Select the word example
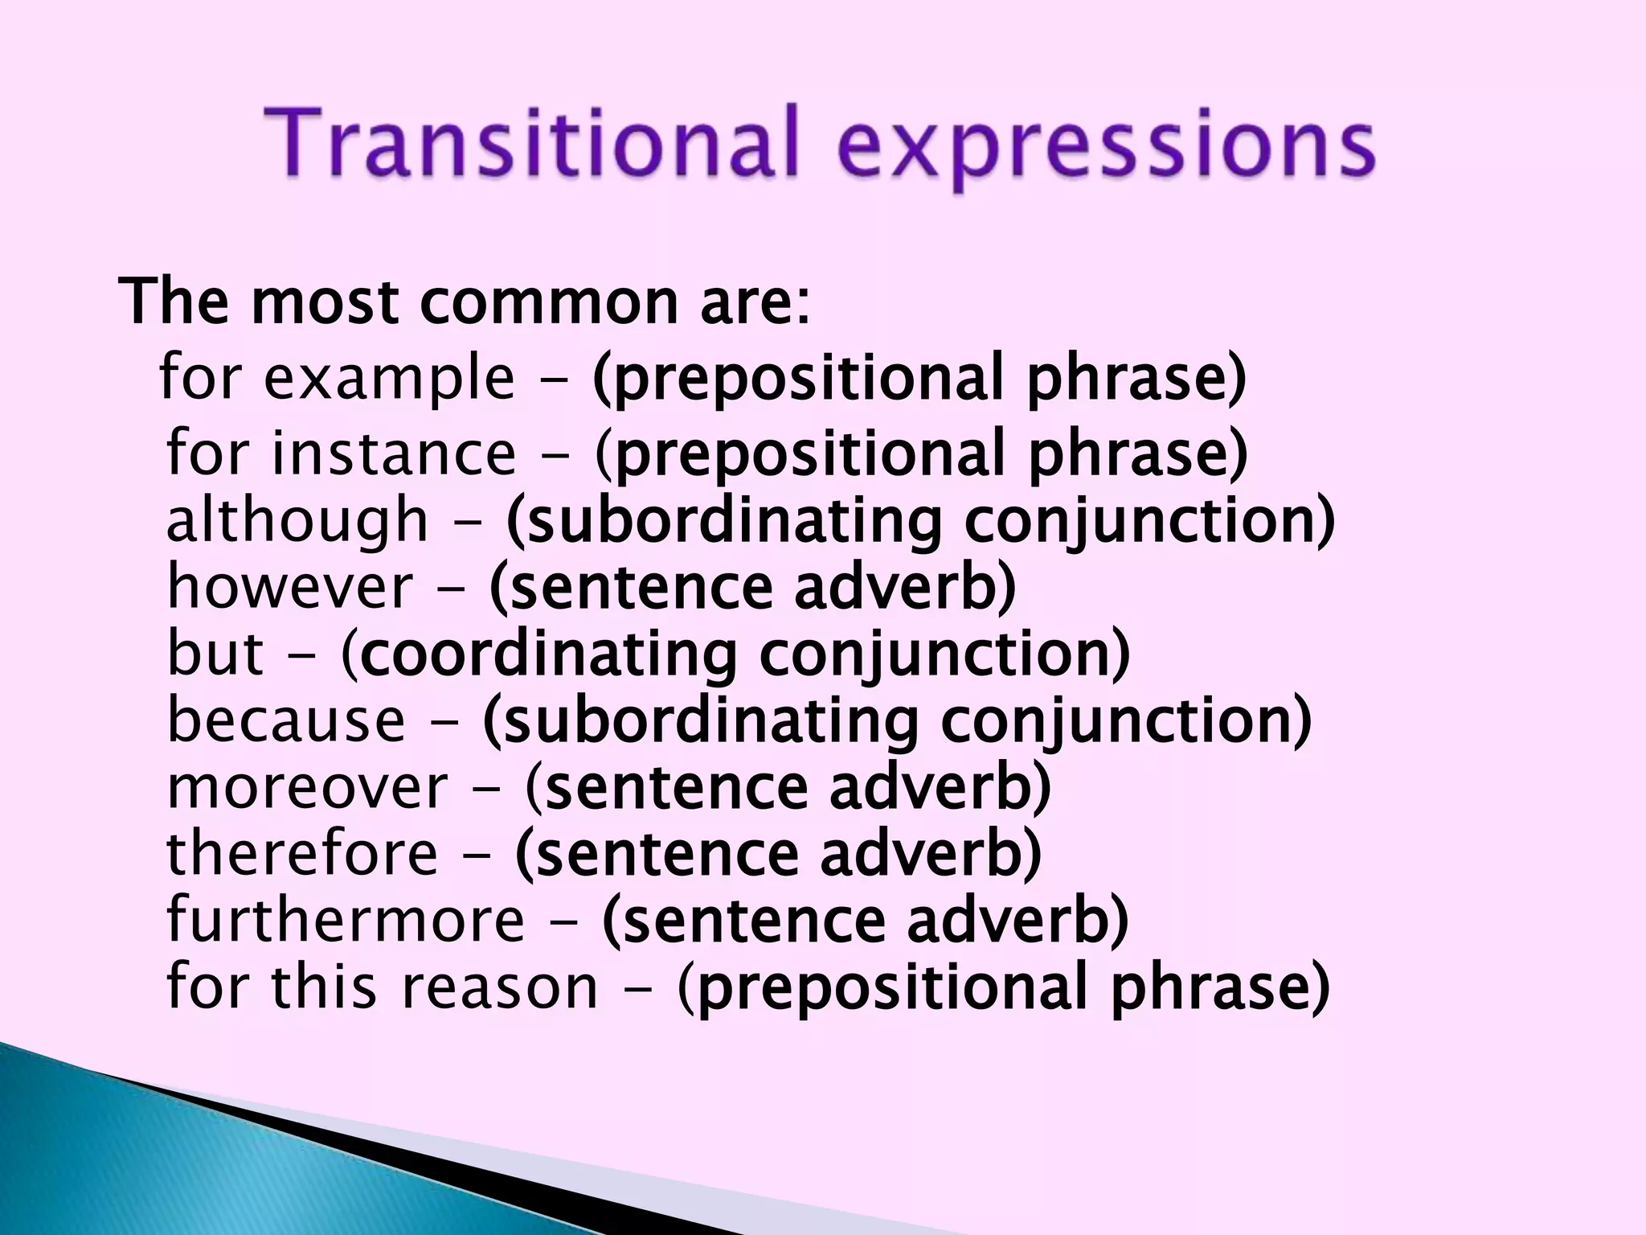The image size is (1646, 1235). pos(389,380)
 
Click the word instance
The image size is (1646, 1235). pos(394,453)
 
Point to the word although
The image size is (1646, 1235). pos(297,521)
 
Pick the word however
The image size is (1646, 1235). pos(290,587)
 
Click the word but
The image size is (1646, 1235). pos(215,653)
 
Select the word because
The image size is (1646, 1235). pos(286,720)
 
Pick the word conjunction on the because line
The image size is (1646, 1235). pos(1125,720)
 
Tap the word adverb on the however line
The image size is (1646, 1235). pos(904,587)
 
